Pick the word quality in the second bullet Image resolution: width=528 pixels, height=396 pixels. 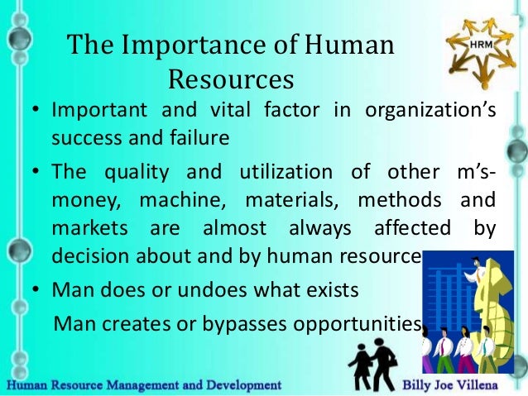[140, 173]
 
